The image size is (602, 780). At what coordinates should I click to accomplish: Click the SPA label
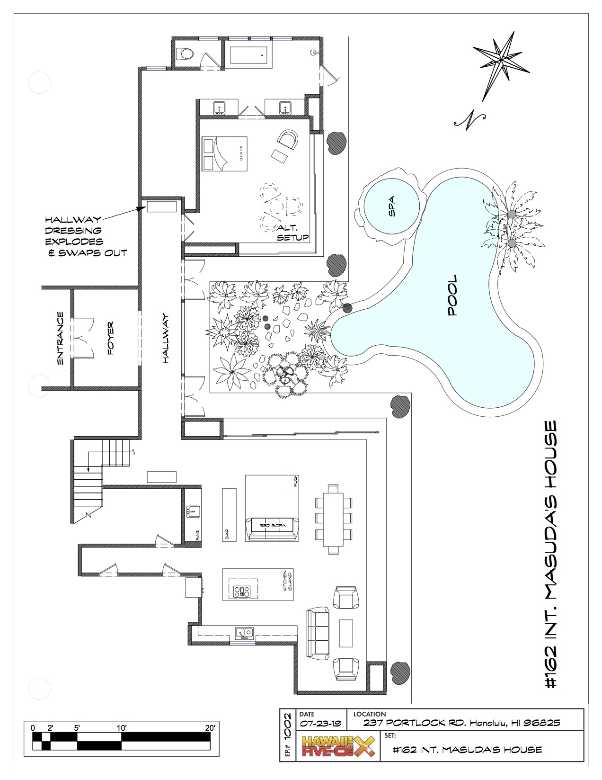pos(391,206)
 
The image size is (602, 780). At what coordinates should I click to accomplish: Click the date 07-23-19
pos(320,723)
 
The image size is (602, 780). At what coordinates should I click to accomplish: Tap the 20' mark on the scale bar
pos(210,727)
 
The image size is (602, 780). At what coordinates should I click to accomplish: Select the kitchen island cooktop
pos(241,591)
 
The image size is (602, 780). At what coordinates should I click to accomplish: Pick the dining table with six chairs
pos(334,518)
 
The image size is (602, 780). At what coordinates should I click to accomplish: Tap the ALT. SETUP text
pos(293,233)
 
